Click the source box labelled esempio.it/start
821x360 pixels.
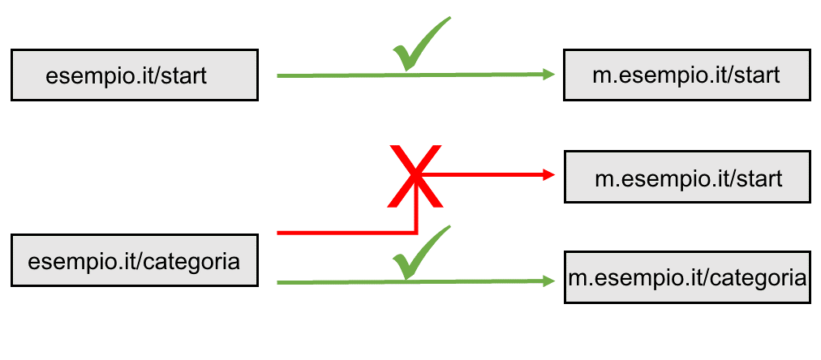tap(135, 75)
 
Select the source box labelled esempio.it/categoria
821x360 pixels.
tap(135, 260)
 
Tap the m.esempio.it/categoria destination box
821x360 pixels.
tap(687, 277)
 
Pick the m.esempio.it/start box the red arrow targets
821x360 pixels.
tap(687, 177)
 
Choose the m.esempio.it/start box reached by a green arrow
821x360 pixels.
tap(687, 75)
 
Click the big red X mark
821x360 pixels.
tap(415, 176)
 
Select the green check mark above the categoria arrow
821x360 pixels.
tap(421, 253)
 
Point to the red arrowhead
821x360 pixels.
tap(549, 175)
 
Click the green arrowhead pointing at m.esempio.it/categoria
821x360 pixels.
tap(549, 281)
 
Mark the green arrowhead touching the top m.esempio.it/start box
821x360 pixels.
tap(549, 75)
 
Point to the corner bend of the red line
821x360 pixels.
tap(415, 233)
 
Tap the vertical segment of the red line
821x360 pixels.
tap(415, 204)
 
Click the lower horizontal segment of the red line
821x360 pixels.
tap(346, 233)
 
